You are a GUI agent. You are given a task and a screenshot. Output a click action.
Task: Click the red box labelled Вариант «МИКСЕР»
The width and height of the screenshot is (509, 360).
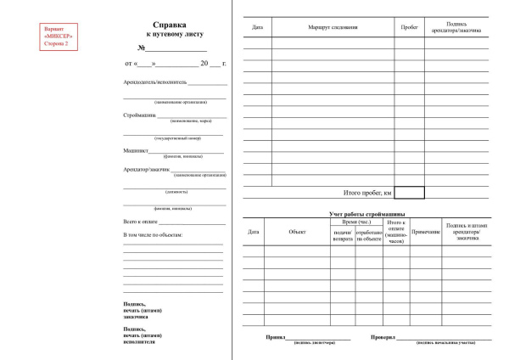click(59, 36)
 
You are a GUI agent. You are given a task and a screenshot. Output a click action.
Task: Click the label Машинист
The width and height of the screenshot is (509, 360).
click(136, 149)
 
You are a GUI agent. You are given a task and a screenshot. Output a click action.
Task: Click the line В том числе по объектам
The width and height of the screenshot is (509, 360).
click(154, 234)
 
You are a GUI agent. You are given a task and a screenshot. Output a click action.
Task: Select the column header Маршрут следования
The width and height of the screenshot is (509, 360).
click(333, 29)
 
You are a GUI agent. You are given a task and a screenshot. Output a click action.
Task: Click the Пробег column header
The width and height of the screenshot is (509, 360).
click(409, 29)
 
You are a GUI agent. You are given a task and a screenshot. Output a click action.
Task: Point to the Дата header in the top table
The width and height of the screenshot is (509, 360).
click(257, 29)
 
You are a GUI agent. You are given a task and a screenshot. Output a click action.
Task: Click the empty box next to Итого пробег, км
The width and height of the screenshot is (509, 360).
click(409, 193)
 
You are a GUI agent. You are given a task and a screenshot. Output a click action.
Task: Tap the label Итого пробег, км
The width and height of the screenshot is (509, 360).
click(366, 193)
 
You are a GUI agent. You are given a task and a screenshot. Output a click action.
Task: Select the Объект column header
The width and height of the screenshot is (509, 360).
click(297, 231)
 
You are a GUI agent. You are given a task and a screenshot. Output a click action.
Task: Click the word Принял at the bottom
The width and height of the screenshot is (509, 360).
click(275, 336)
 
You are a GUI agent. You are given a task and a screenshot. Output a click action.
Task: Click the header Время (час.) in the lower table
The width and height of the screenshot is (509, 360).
click(356, 222)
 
